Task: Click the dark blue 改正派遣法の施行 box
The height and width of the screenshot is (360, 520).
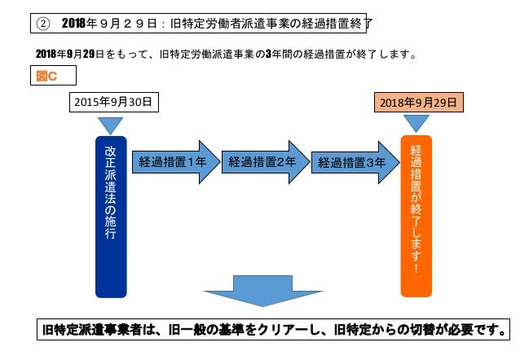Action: (x=112, y=216)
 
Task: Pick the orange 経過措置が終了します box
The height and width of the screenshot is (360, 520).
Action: (x=416, y=216)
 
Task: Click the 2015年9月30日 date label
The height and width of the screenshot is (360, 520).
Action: (x=112, y=103)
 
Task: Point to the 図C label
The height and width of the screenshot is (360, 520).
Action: (x=52, y=77)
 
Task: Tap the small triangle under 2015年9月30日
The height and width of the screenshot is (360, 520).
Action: (x=111, y=125)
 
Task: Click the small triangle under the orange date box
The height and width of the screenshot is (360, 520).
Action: (x=416, y=123)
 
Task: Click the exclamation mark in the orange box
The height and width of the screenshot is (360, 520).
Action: (x=416, y=266)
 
